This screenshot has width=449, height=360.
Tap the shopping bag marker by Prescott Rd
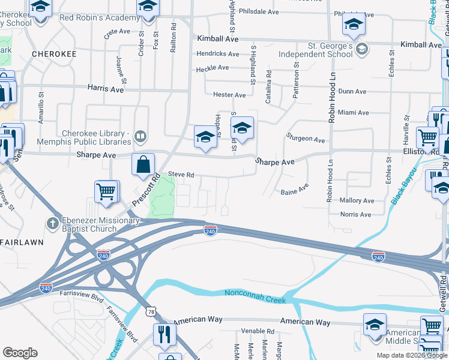coord(143,164)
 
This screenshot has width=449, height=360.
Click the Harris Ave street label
coord(105,89)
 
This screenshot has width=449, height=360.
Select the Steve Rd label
coord(181,175)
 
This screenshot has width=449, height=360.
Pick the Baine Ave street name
coord(294,193)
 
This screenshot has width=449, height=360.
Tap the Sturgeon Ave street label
coord(306,139)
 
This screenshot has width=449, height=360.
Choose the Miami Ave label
coord(353,113)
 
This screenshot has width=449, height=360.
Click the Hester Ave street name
coord(229,95)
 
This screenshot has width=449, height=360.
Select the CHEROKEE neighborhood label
coord(54,54)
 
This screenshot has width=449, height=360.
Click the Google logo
coord(20,353)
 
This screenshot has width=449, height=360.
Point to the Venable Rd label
coord(257,331)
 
